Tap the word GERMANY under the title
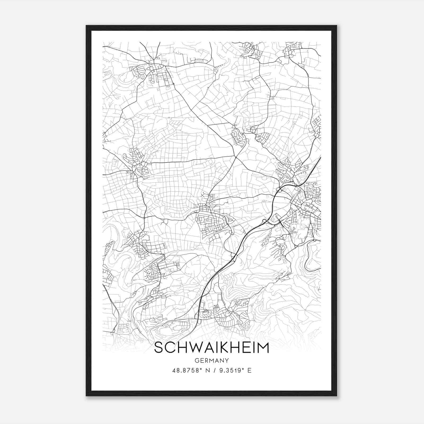pyautogui.click(x=211, y=360)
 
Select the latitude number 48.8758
pyautogui.click(x=185, y=370)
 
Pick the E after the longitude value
pyautogui.click(x=249, y=370)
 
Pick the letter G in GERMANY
pyautogui.click(x=196, y=360)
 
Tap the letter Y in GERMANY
pyautogui.click(x=227, y=360)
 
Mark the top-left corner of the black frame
pyautogui.click(x=86, y=26)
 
